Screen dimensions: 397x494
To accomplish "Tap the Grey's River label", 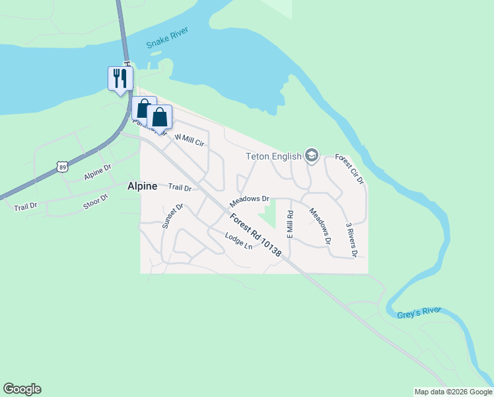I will coord(419,313).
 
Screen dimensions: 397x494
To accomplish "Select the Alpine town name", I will coord(142,187).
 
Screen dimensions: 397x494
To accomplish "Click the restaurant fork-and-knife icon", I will coord(120,78).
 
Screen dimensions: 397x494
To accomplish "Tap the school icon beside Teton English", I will coord(312,156).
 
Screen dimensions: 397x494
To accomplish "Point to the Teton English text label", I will coord(273,157).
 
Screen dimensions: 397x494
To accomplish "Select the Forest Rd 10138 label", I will coord(256,234).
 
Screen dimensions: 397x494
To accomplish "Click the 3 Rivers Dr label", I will coord(351,239).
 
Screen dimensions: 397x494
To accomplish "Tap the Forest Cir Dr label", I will coord(349,169).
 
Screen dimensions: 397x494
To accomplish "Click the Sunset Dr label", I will coord(172,216).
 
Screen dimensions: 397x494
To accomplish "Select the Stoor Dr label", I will coord(96,201).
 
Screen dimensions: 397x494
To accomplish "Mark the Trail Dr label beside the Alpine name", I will coord(180,188).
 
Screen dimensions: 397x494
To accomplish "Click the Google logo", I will coord(22,389).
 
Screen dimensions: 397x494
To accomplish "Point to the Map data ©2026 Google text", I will coord(453,392).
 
